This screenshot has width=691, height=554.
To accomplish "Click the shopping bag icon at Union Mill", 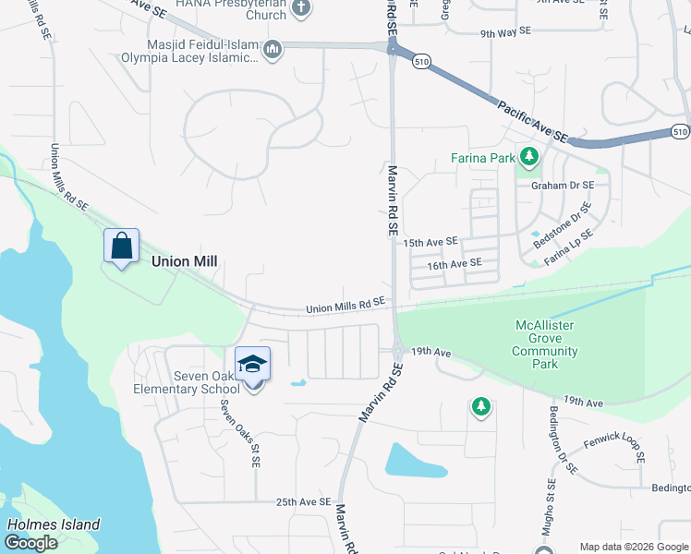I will tap(121, 247).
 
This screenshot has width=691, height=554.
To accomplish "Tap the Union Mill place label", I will tap(184, 261).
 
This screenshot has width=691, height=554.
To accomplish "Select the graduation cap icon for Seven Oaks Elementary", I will tap(252, 365).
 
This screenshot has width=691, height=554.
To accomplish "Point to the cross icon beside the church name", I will tap(299, 8).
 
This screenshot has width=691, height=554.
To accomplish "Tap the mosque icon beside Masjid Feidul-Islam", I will tap(272, 49).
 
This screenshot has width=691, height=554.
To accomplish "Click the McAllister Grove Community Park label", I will tap(546, 344).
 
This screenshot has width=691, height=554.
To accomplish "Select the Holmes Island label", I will tap(53, 524).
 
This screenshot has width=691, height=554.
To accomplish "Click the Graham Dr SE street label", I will tap(561, 185).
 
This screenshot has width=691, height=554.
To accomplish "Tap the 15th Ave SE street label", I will tap(430, 241).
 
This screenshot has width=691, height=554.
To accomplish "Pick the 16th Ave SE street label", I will tap(455, 263).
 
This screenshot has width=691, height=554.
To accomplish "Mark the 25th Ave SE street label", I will tap(303, 502).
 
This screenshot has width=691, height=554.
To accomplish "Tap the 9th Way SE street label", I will tap(506, 32).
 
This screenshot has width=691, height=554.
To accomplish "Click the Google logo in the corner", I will tap(30, 543).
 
